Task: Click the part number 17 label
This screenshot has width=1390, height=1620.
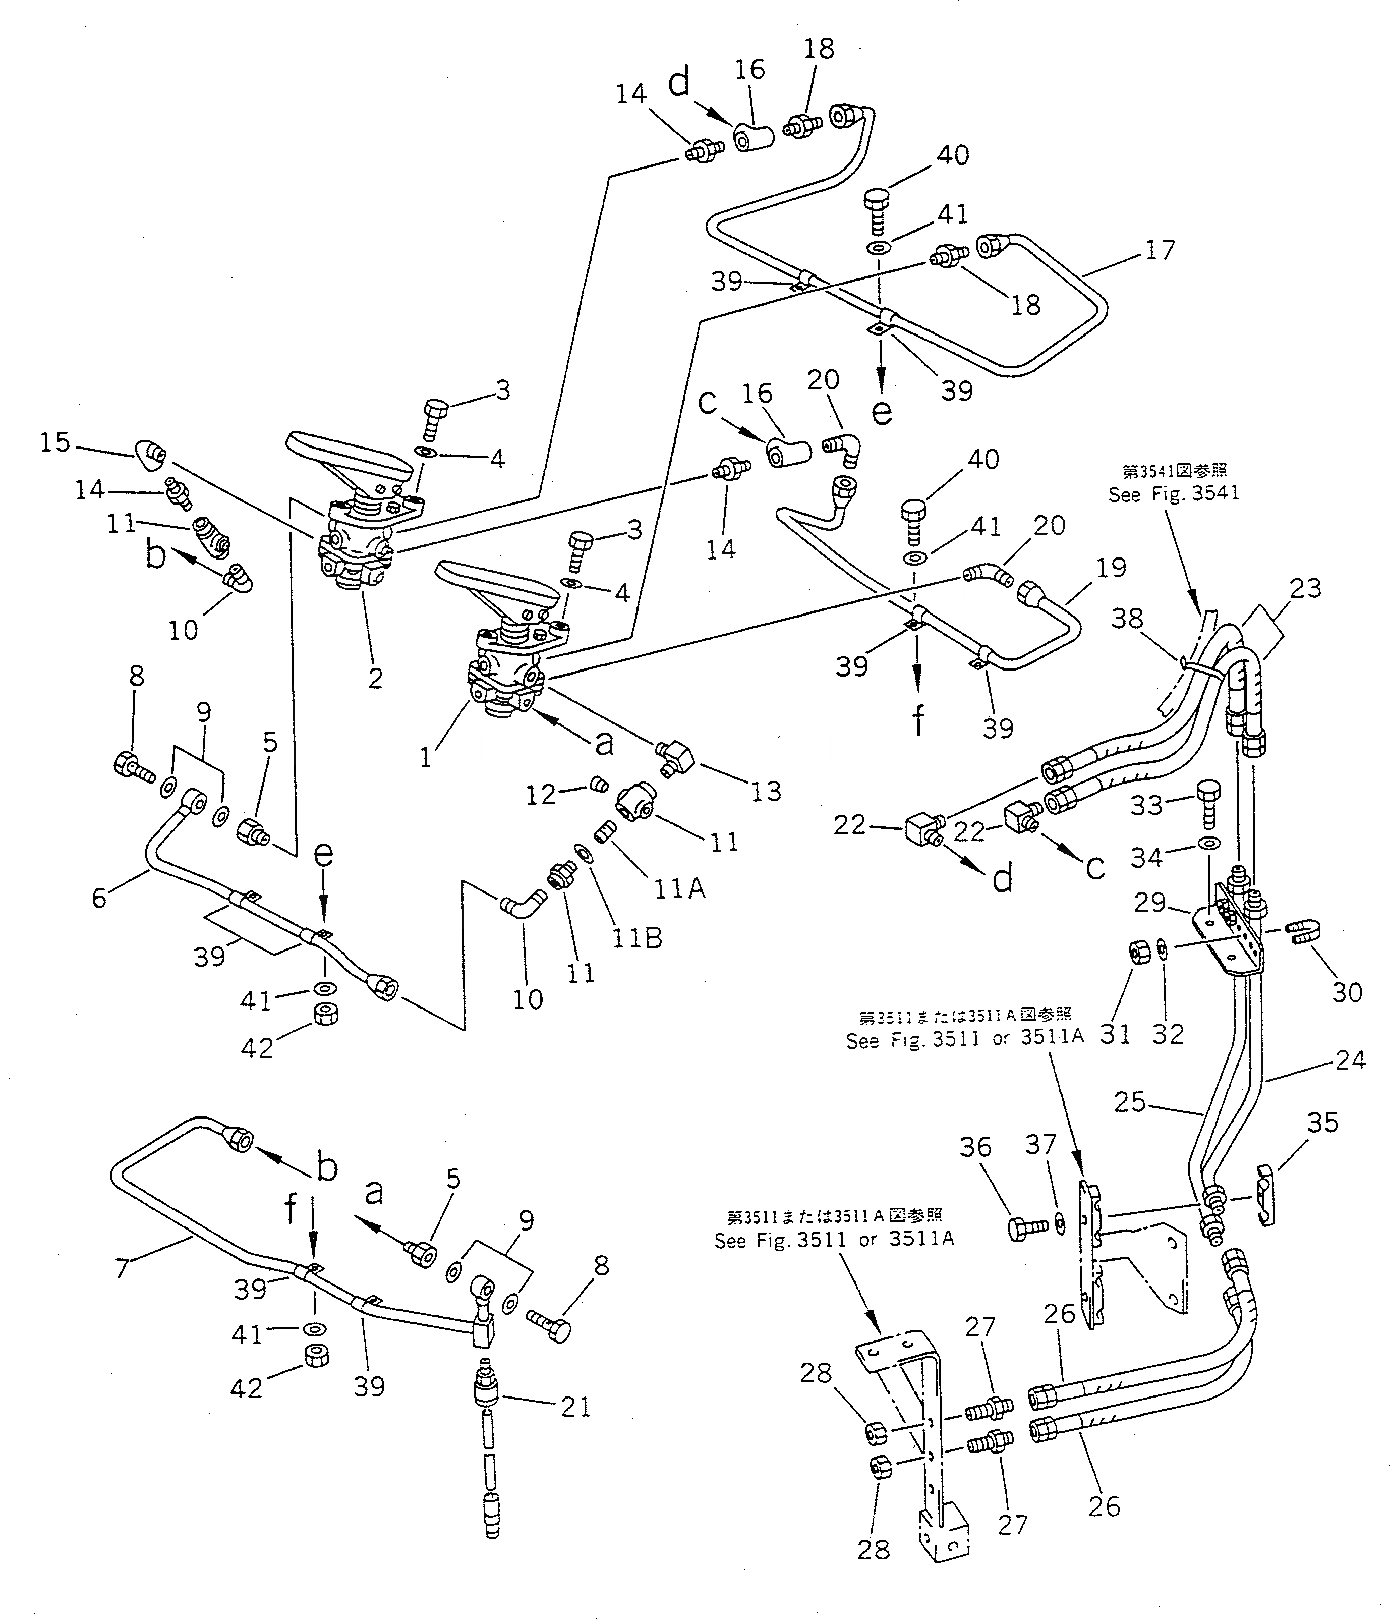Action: click(x=1160, y=250)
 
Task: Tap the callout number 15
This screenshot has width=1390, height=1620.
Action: click(x=55, y=442)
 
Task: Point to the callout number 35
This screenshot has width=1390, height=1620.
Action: click(x=1323, y=1123)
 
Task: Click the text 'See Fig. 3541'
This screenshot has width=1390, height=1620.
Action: click(x=1174, y=494)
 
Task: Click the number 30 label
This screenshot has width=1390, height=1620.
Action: click(x=1347, y=993)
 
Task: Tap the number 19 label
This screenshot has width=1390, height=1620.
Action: click(x=1111, y=568)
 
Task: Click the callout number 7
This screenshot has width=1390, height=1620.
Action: click(x=122, y=1268)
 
